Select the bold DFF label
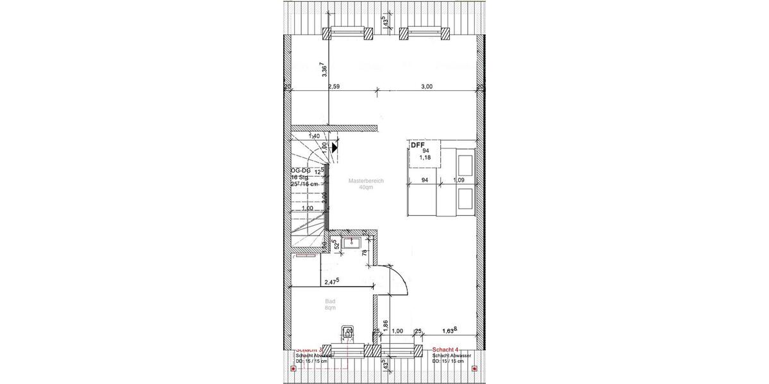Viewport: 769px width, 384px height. (x=418, y=145)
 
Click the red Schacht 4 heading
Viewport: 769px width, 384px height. (x=445, y=349)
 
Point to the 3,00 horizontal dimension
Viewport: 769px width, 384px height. (x=426, y=86)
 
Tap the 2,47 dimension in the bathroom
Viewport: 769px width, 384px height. (x=331, y=281)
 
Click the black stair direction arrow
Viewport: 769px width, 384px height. (x=335, y=147)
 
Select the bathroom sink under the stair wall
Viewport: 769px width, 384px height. (x=352, y=242)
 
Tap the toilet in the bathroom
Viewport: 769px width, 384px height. (x=347, y=333)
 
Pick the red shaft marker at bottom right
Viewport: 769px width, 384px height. (x=474, y=369)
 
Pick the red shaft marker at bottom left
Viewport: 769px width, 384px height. (x=294, y=369)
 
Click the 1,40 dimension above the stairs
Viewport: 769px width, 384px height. (x=314, y=136)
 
